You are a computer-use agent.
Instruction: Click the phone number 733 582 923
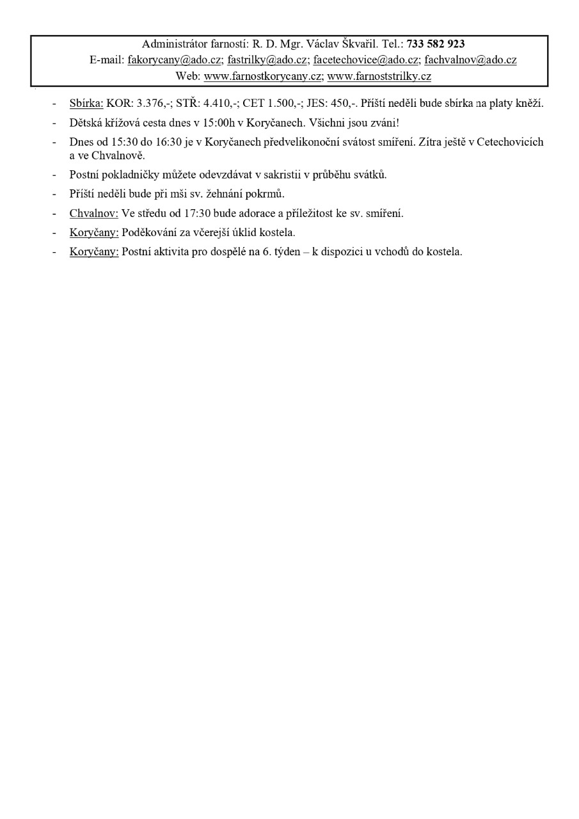tap(436, 44)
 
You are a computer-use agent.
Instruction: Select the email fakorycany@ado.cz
tap(175, 60)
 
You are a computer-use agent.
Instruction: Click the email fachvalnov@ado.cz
tap(470, 60)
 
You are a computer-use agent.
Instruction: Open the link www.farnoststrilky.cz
tap(379, 76)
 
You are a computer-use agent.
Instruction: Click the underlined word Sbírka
tap(86, 104)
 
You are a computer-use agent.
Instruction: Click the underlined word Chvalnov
tap(93, 214)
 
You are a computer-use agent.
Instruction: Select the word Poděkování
tap(150, 232)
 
